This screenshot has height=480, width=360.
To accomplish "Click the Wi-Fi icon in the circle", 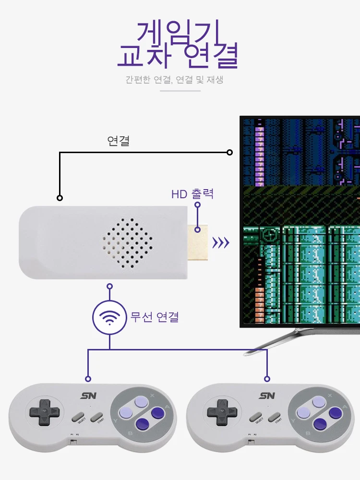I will (x=109, y=317).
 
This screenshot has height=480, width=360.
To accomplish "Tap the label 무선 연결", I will (x=155, y=317).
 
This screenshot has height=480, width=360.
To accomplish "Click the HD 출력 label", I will (x=192, y=194).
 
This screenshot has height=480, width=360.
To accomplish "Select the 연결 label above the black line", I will (x=118, y=141).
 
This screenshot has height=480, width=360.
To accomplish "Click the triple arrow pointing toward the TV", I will (x=221, y=243).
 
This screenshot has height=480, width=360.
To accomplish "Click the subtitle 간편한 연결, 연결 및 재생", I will (x=174, y=80).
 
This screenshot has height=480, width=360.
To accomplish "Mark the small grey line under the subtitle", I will (x=180, y=90).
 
